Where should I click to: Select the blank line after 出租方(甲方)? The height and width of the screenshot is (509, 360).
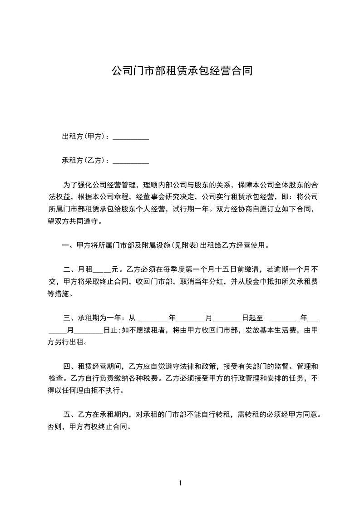click(x=131, y=138)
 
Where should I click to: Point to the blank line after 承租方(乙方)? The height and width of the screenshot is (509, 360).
click(x=131, y=162)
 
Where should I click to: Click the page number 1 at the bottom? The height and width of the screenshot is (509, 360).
click(x=180, y=483)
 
